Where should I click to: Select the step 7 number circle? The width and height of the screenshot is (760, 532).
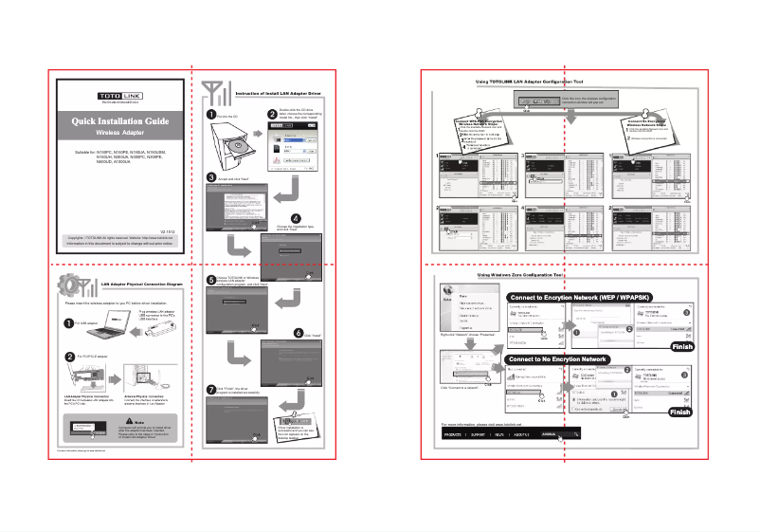coord(211,391)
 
